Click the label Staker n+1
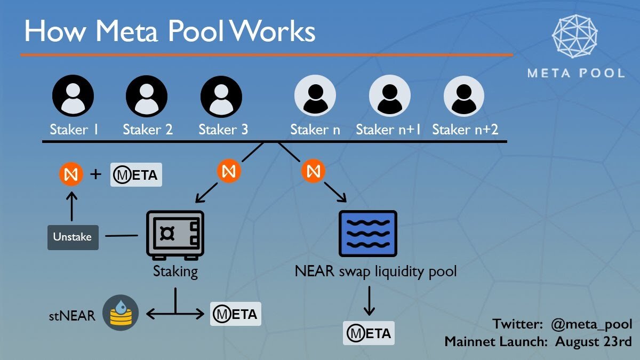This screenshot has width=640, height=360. (x=389, y=130)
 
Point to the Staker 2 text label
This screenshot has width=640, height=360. (x=148, y=130)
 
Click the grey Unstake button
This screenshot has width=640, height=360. (x=72, y=237)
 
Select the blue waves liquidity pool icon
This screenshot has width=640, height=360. (x=368, y=233)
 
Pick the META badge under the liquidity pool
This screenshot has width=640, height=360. (x=369, y=333)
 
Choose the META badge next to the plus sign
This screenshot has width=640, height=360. (x=136, y=175)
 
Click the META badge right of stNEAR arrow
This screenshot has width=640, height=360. (x=235, y=314)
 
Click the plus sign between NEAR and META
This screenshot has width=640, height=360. (x=96, y=174)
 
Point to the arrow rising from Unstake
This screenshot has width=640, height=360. (x=71, y=206)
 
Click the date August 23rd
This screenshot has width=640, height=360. (x=594, y=341)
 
